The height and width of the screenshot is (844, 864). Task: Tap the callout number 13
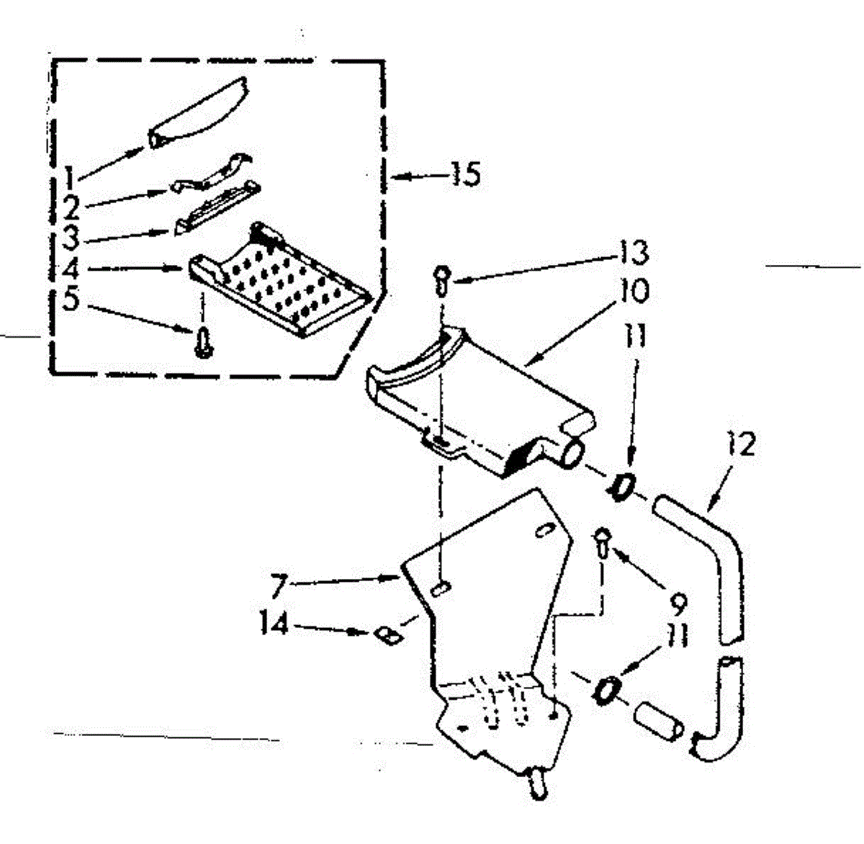coord(634,253)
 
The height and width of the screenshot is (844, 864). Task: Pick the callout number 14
coord(274,625)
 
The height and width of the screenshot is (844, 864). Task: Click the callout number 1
coord(69,175)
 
